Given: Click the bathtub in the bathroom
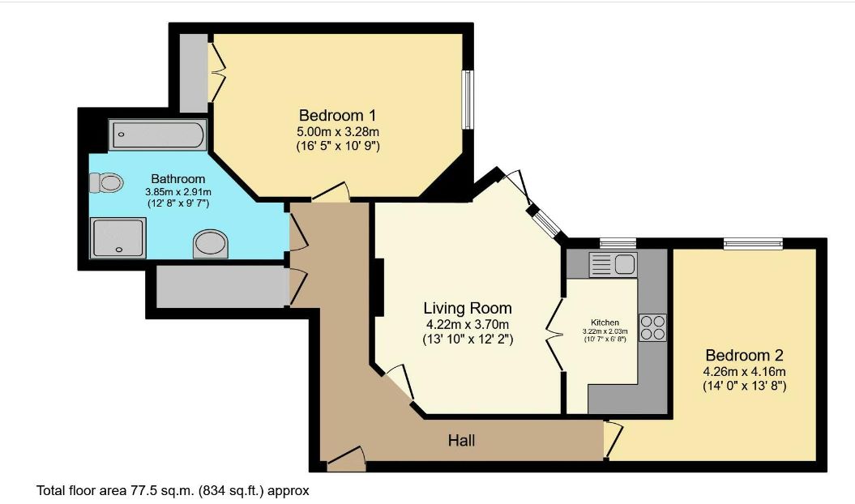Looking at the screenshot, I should coord(157,135).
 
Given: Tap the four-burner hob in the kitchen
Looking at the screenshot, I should coord(653,327).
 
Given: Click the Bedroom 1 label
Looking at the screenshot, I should coord(337,115).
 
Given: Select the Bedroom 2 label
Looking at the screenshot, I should coord(744,355).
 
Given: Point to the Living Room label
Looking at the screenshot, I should coord(468,308).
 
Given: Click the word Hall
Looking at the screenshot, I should coord(462,441).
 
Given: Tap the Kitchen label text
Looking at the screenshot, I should coord(605,322).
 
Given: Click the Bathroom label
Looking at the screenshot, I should coord(178,178).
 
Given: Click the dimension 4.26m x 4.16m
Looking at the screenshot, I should coord(744,372).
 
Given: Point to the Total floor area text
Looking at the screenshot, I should coord(173,490).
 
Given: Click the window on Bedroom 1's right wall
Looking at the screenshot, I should coord(468,99).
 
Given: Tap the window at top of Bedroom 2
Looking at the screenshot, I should coord(753,242).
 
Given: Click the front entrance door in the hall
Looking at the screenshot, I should coord(347,459).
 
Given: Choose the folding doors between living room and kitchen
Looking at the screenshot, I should coord(556,335).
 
